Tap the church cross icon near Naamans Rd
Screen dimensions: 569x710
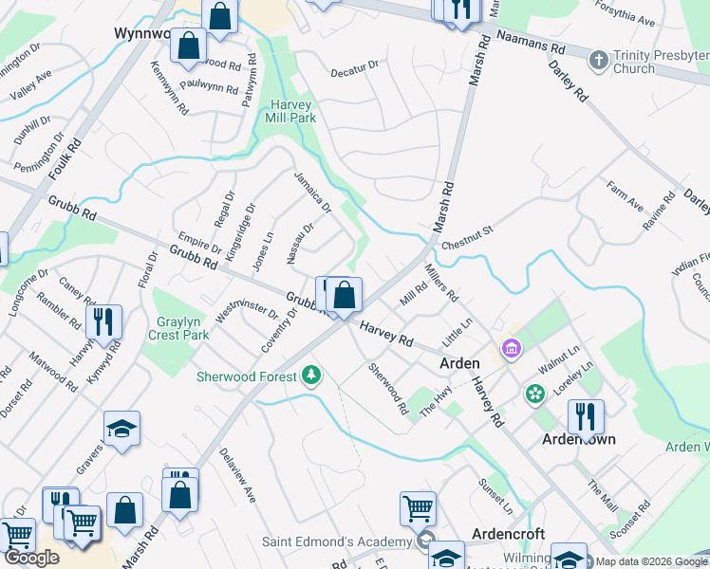point(598,61)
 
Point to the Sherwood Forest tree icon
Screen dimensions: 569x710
point(310,376)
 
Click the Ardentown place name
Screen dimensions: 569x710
point(578,440)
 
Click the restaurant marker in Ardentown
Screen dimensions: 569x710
point(586,416)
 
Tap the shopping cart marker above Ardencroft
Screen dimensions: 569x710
point(418,507)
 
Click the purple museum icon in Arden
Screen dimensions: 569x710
point(512,350)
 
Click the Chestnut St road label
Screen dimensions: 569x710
point(468,236)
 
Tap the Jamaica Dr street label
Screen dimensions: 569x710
point(311,193)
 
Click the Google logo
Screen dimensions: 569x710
point(31,558)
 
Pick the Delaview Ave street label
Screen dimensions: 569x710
point(237,475)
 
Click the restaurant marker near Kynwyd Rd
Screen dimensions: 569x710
point(103,321)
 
